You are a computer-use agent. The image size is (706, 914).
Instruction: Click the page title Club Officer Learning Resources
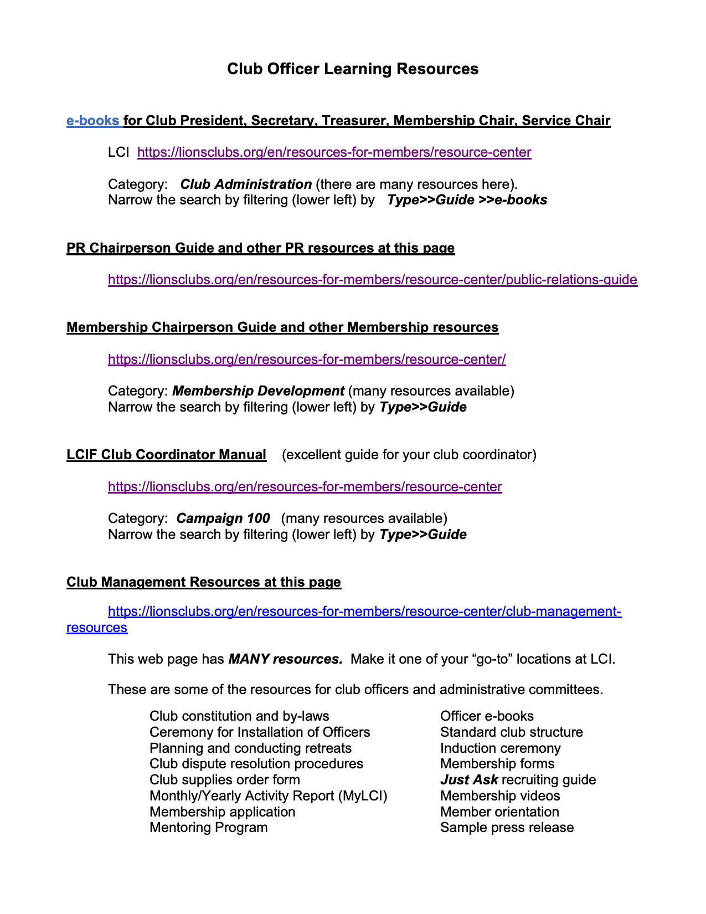(x=353, y=69)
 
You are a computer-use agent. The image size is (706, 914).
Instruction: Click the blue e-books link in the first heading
(x=92, y=121)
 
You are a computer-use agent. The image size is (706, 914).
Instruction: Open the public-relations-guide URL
(x=372, y=280)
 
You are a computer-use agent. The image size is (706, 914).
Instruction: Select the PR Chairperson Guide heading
(x=260, y=248)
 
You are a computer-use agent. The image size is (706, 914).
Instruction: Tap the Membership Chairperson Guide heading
(x=282, y=327)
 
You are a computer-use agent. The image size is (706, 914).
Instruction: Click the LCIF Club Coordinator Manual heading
(x=166, y=455)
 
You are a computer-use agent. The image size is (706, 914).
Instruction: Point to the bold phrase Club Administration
(x=246, y=184)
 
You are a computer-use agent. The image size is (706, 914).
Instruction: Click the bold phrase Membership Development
(x=258, y=391)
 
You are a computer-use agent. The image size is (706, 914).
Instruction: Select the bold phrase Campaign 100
(x=223, y=518)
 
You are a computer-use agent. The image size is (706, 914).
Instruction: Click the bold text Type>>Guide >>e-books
(x=467, y=200)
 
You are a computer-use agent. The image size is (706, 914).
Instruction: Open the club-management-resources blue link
(x=364, y=612)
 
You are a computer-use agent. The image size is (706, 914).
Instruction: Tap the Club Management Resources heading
(x=204, y=582)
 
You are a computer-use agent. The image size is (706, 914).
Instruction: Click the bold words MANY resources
(x=285, y=659)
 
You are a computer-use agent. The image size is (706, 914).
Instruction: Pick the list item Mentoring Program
(x=208, y=828)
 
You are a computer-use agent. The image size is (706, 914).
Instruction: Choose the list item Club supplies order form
(x=224, y=780)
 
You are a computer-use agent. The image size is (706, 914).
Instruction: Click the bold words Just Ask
(x=468, y=780)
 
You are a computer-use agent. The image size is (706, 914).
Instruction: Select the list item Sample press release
(x=507, y=828)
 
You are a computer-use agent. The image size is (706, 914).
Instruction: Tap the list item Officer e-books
(x=487, y=716)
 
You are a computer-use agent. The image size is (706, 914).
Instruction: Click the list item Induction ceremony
(x=500, y=748)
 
